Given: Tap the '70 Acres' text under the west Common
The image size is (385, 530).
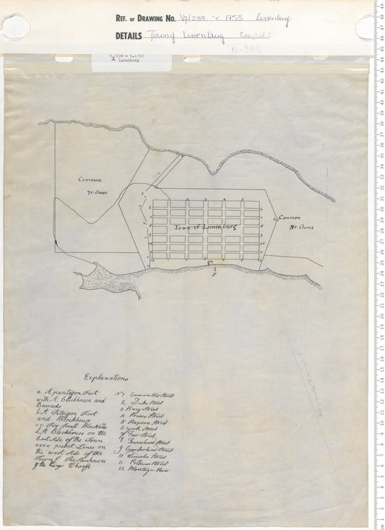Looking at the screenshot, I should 96,194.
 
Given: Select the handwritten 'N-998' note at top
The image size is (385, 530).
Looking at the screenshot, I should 246,50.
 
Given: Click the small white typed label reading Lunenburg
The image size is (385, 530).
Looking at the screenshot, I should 135,59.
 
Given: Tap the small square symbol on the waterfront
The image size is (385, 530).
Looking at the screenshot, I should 209,265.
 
